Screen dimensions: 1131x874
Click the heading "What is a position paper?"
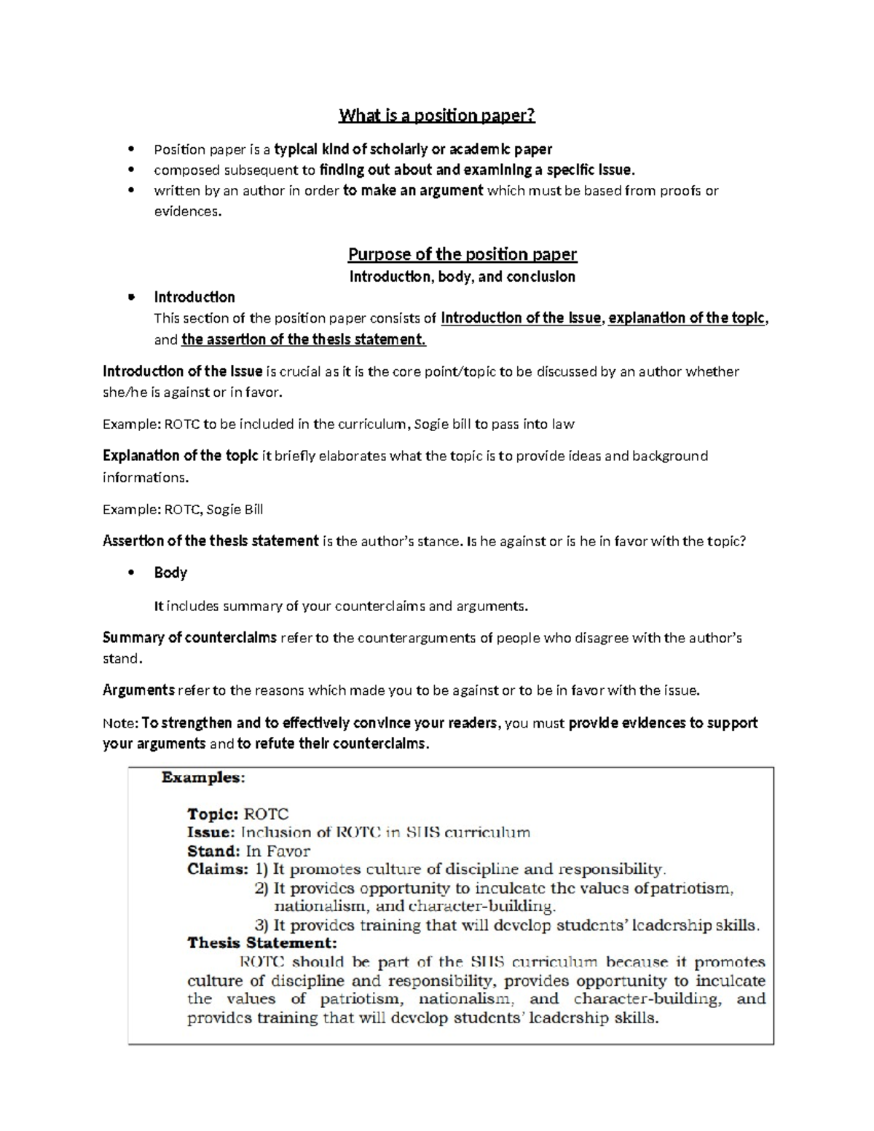pyautogui.click(x=436, y=116)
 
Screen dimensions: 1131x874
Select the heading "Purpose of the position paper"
pyautogui.click(x=462, y=254)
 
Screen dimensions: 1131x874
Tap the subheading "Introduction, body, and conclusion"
pyautogui.click(x=462, y=277)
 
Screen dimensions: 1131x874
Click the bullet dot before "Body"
pyautogui.click(x=131, y=573)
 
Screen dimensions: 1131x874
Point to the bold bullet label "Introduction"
pyautogui.click(x=194, y=297)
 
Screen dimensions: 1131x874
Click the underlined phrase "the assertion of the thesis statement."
pyautogui.click(x=304, y=339)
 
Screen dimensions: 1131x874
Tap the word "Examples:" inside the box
pyautogui.click(x=203, y=778)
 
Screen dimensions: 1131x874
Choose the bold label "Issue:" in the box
pyautogui.click(x=211, y=832)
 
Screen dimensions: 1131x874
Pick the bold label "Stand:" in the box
pyautogui.click(x=213, y=851)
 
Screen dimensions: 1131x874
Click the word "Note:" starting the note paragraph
pyautogui.click(x=120, y=723)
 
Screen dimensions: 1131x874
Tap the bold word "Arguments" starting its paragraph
pyautogui.click(x=138, y=690)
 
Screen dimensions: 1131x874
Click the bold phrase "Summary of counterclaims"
pyautogui.click(x=189, y=638)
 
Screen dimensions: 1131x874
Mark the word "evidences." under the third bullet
pyautogui.click(x=187, y=212)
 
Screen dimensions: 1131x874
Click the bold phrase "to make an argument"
pyautogui.click(x=413, y=191)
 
